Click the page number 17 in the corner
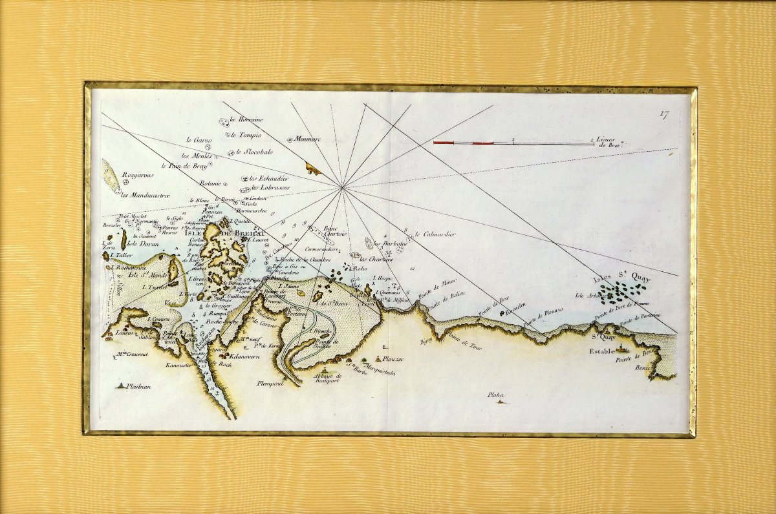[664, 115]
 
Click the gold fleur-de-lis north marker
[314, 170]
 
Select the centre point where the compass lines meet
[343, 188]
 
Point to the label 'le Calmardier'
[435, 234]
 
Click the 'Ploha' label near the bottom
[495, 395]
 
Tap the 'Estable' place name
[603, 351]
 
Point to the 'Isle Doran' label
[142, 243]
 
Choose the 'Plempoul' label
[270, 384]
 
